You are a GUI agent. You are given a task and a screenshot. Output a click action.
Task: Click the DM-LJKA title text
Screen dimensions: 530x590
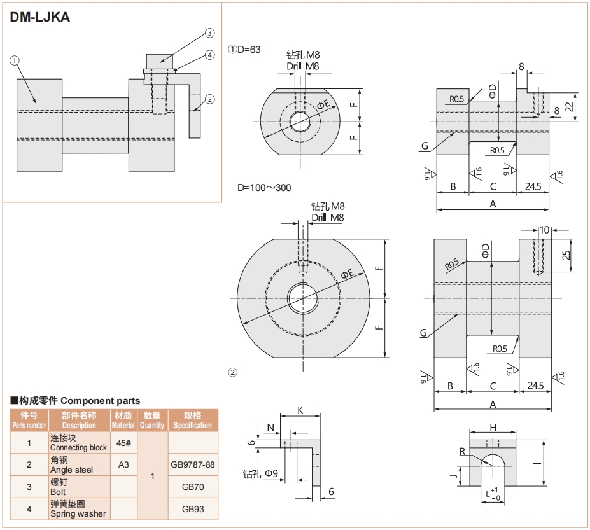pos(40,18)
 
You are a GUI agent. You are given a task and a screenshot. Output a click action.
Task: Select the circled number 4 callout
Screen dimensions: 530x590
pos(209,55)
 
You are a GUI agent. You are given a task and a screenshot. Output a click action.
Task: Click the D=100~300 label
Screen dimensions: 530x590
pos(265,188)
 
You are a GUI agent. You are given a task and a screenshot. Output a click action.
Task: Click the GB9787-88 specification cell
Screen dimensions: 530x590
pos(193,464)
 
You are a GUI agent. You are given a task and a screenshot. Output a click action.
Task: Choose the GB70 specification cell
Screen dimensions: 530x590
pos(193,487)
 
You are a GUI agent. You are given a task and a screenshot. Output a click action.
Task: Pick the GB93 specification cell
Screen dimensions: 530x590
pos(193,509)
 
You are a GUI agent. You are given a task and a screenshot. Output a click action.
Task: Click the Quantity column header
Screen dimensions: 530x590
pos(152,421)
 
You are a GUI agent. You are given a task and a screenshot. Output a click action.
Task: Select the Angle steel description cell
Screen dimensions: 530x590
pos(79,464)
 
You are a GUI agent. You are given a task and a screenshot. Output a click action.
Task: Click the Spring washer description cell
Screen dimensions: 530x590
pos(79,509)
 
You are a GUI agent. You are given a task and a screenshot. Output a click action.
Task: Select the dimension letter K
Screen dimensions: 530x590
pos(300,410)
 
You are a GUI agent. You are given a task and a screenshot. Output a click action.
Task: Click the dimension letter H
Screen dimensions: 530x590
pos(493,427)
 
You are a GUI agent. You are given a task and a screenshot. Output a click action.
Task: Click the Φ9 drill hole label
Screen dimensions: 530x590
pos(261,473)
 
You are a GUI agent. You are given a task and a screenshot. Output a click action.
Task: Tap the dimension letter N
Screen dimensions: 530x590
pos(271,427)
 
